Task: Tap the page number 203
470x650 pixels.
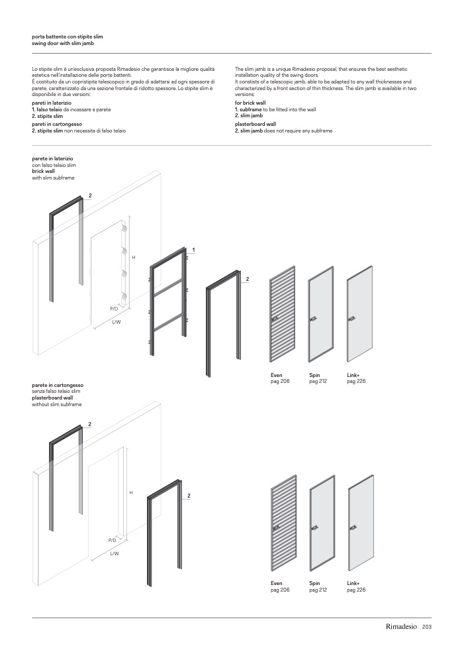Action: pyautogui.click(x=427, y=627)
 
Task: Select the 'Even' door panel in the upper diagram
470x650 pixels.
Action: pyautogui.click(x=281, y=317)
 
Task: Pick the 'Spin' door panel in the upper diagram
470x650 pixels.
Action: pyautogui.click(x=319, y=317)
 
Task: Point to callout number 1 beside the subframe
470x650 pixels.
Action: pyautogui.click(x=193, y=250)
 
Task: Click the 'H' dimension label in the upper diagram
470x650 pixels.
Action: pyautogui.click(x=134, y=256)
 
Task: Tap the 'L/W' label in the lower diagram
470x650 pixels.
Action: pyautogui.click(x=115, y=553)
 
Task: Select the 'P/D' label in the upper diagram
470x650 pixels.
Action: pyautogui.click(x=114, y=309)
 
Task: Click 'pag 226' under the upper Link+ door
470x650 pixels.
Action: pyautogui.click(x=356, y=382)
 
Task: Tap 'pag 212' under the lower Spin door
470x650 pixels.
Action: pyautogui.click(x=318, y=590)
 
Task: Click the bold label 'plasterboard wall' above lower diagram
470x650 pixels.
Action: pyautogui.click(x=52, y=398)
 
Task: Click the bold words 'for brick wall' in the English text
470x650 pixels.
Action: pyautogui.click(x=250, y=104)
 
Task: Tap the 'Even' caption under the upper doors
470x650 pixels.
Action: pyautogui.click(x=276, y=375)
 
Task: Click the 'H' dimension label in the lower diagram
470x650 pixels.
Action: pyautogui.click(x=131, y=493)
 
